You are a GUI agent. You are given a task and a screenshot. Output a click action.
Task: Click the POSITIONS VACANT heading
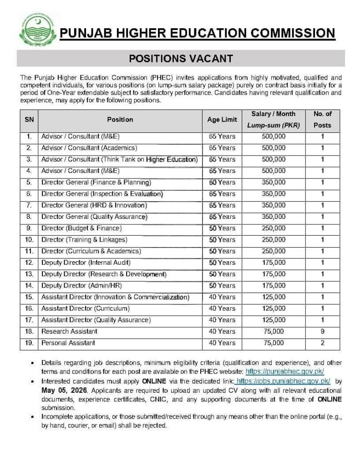coord(181,59)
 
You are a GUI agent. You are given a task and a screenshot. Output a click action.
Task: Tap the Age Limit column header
coord(222,120)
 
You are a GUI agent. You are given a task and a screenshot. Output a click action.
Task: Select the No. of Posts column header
coord(322,120)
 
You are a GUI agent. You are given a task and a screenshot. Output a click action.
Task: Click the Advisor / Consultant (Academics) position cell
coord(89,148)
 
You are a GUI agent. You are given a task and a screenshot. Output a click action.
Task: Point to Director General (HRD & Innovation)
coord(94,205)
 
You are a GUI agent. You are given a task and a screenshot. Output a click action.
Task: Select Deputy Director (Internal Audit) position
coord(86,263)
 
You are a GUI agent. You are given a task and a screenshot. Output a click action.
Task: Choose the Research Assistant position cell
coord(69,331)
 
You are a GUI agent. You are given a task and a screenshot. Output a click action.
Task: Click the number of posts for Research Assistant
coord(322,331)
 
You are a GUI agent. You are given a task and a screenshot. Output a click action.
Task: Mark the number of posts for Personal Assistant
coord(322,343)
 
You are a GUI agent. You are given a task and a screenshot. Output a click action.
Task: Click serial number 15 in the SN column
coord(29,297)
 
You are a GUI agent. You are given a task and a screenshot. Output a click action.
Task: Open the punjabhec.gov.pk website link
coord(284,372)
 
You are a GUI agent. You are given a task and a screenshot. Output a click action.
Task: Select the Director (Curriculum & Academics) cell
coord(91,251)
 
